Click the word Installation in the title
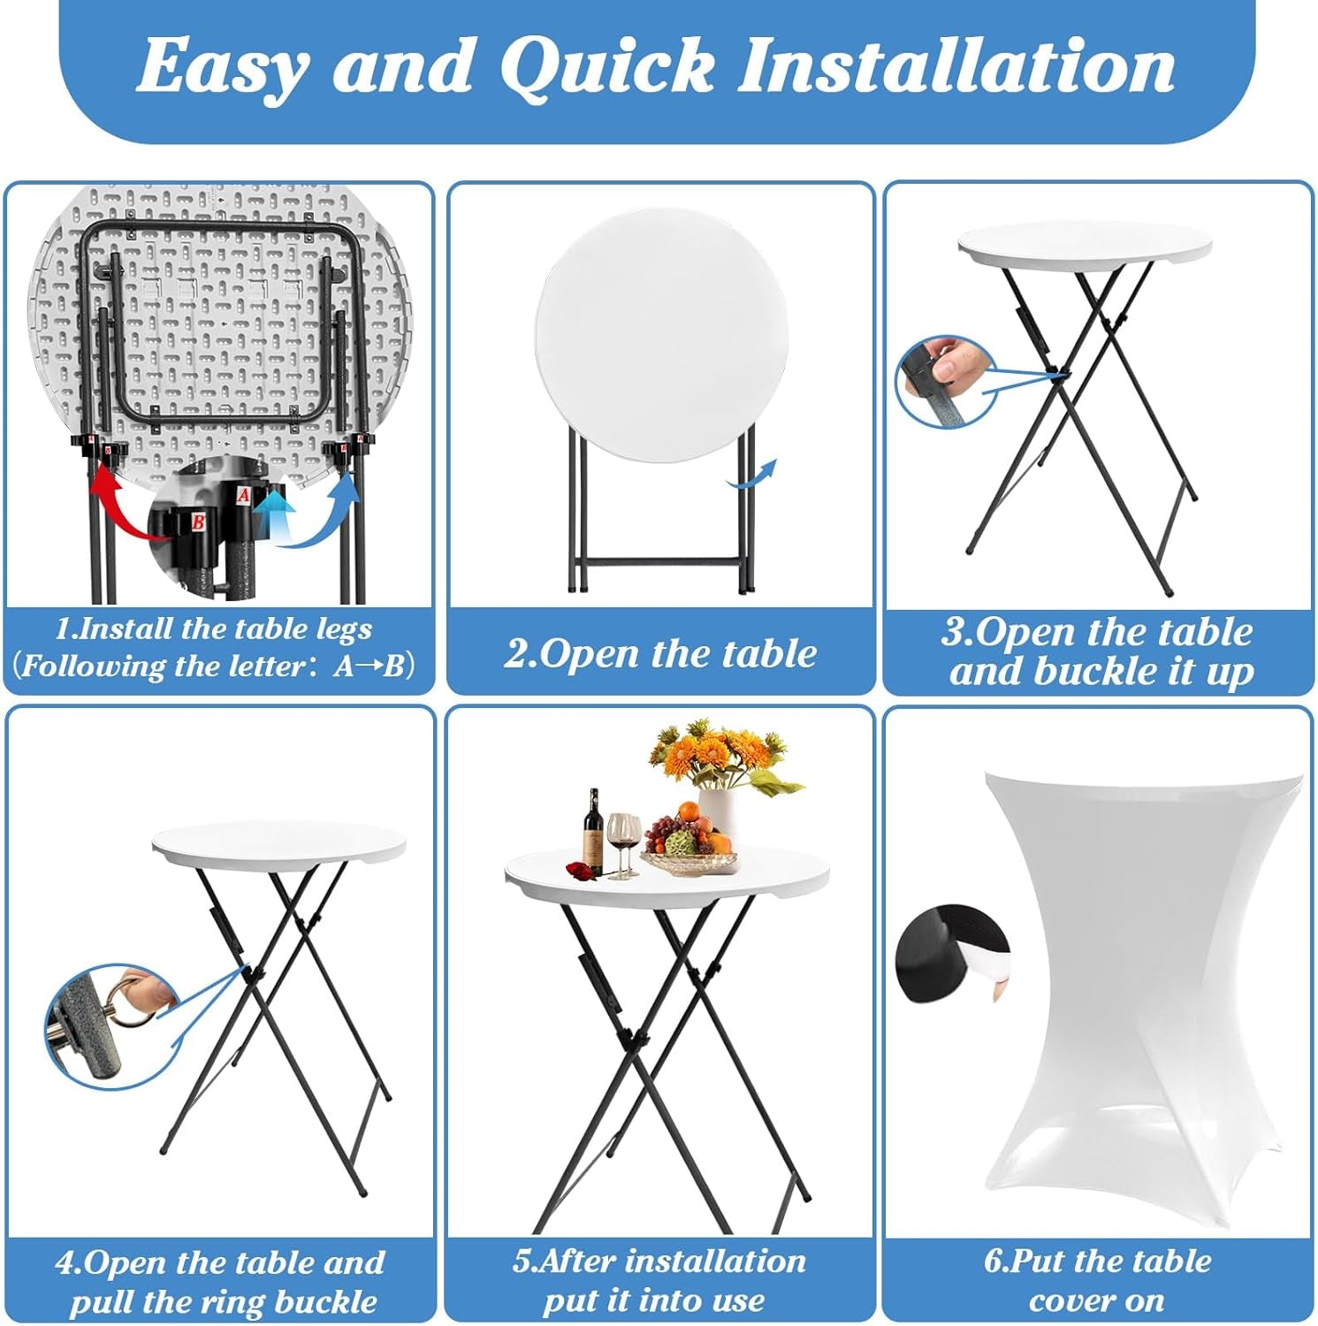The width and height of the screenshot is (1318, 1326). tap(956, 65)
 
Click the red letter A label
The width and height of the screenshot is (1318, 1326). tap(244, 496)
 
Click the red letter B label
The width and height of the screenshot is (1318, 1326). tap(199, 522)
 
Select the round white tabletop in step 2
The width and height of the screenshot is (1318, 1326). tap(660, 334)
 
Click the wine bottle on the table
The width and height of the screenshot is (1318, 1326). tap(594, 832)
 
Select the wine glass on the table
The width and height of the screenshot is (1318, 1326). tap(623, 844)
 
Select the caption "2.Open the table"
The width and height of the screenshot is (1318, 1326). tap(660, 653)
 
